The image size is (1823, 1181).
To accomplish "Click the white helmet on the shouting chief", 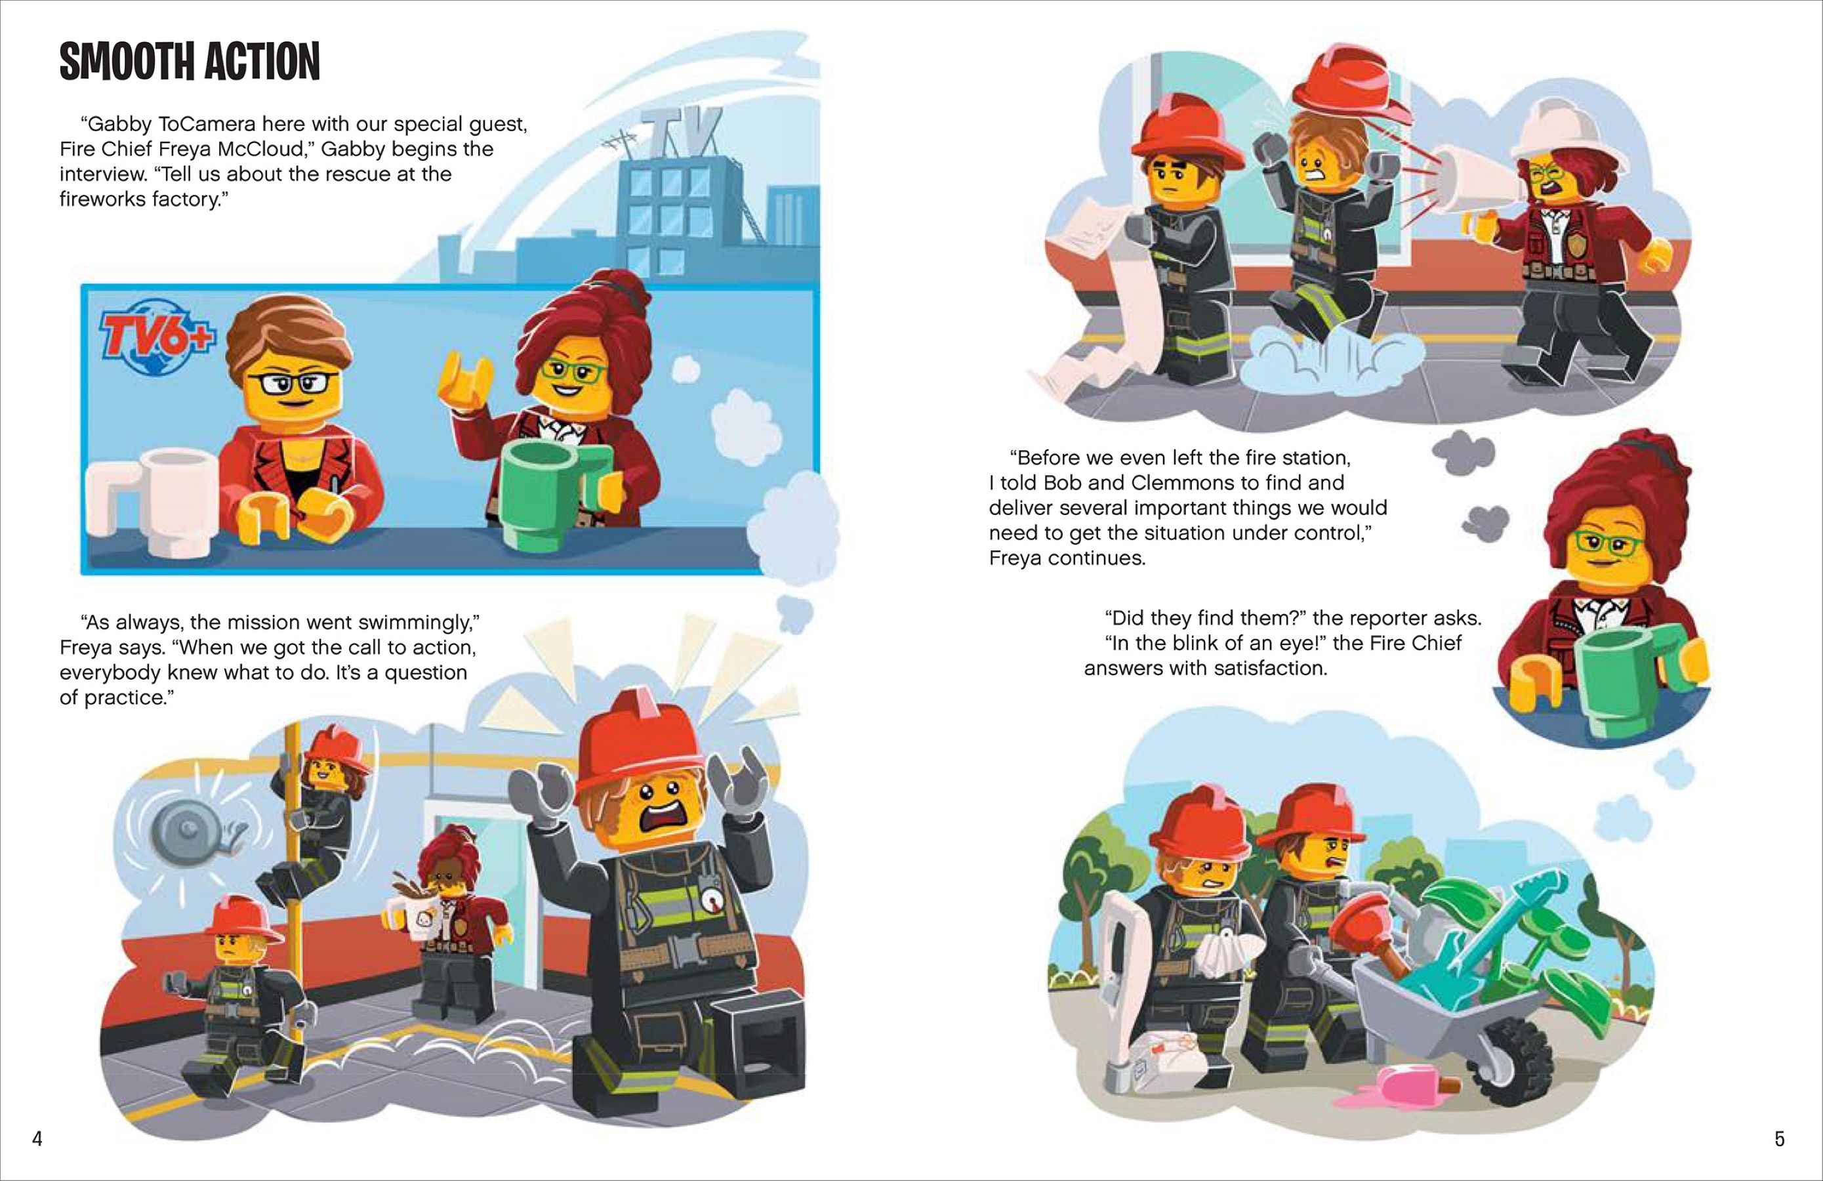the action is tap(1570, 138).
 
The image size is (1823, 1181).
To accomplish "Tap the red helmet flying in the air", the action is tap(1352, 88).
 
